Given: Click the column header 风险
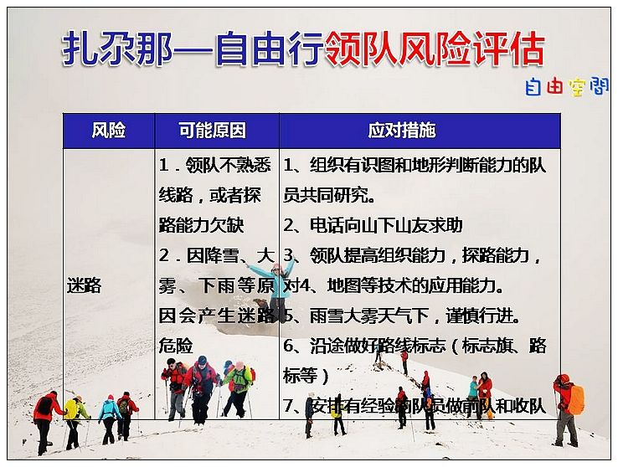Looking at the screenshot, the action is tap(108, 130).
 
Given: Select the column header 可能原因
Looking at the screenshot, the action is tap(212, 130).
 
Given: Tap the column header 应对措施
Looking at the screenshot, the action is tap(402, 130).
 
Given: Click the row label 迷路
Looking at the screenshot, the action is tap(84, 285).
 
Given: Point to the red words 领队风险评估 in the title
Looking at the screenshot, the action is tap(435, 49).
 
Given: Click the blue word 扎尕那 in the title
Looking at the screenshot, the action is tap(117, 49).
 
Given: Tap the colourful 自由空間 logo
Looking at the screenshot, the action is tap(567, 87).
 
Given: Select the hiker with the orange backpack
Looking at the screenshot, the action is tap(568, 410).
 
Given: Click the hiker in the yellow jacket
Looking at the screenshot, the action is tap(75, 422).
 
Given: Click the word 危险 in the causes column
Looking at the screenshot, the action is tap(176, 346).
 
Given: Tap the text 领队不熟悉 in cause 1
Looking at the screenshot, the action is tap(229, 165).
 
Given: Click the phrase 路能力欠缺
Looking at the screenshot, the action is tap(202, 225).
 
